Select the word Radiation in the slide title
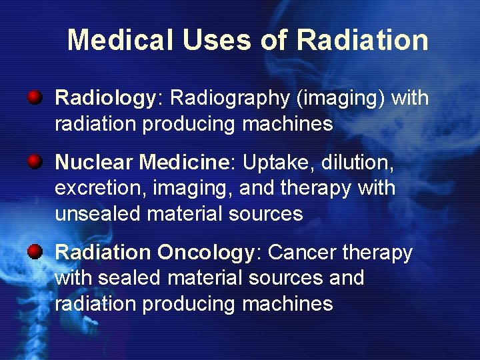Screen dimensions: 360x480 [362, 40]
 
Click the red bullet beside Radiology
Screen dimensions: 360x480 [35, 99]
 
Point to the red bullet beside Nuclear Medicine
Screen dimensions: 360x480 [35, 161]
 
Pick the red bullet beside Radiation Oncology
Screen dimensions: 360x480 [35, 251]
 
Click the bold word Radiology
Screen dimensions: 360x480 [105, 99]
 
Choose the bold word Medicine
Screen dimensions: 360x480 [183, 162]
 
